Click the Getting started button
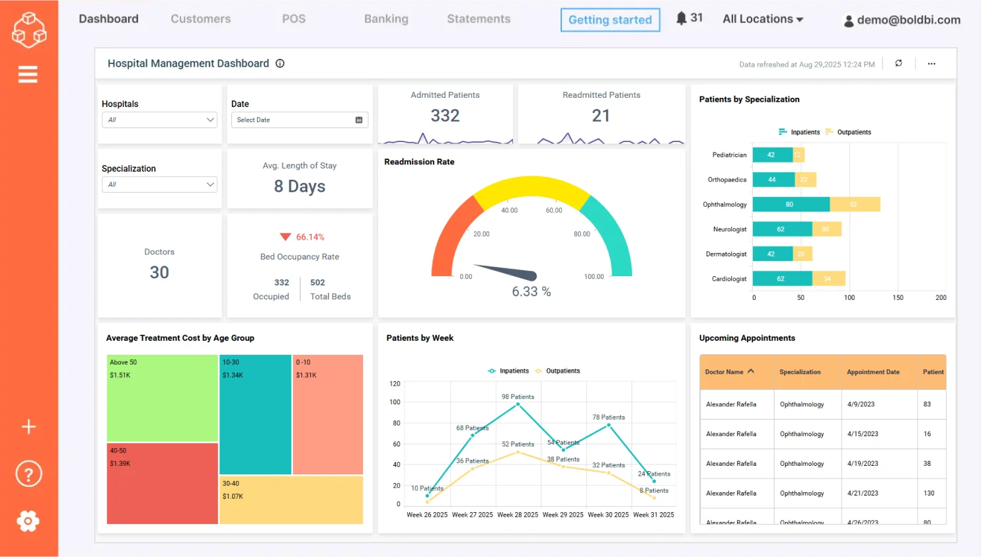pos(609,20)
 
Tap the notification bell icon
pos(681,18)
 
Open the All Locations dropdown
pos(762,19)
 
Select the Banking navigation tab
pos(386,19)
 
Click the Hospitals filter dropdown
pos(159,120)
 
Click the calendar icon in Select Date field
pos(359,120)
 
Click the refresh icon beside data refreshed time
pos(898,63)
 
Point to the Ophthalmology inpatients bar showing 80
pos(790,204)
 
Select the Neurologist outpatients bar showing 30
pos(826,229)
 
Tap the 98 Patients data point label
pos(518,396)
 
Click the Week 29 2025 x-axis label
pos(563,515)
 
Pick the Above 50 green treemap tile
pos(162,398)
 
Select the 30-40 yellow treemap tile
pos(291,500)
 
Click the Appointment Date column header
pos(873,372)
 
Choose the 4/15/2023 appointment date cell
pos(863,434)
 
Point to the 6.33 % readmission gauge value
pos(531,291)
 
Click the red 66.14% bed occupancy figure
pos(309,237)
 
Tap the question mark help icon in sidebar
pos(28,474)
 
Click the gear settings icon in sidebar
pos(28,521)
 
